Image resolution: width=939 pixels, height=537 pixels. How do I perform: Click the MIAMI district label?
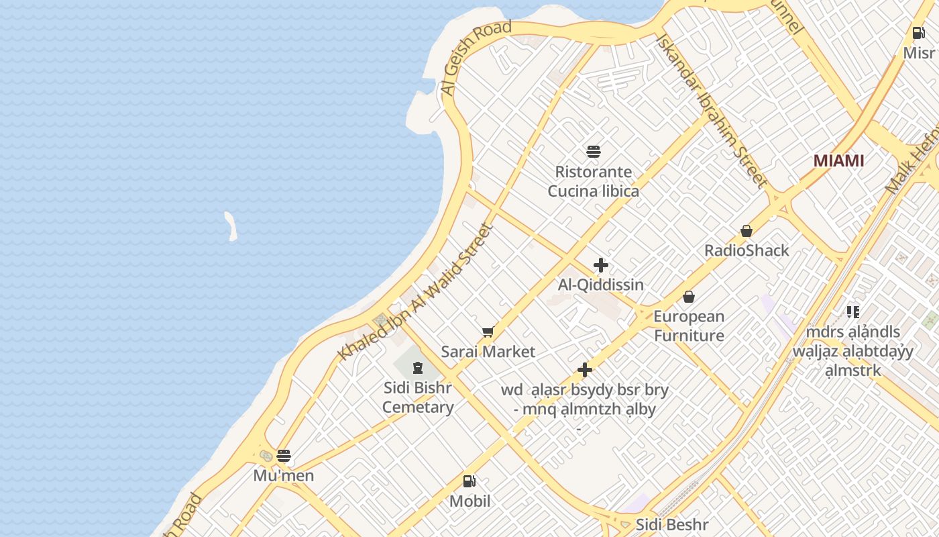pyautogui.click(x=838, y=161)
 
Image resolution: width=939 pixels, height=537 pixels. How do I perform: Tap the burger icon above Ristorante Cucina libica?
pyautogui.click(x=593, y=152)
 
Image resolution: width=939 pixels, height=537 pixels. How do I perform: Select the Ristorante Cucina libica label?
pyautogui.click(x=593, y=182)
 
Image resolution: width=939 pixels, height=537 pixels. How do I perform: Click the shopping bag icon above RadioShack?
pyautogui.click(x=747, y=231)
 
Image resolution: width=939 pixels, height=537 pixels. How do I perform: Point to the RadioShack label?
pyautogui.click(x=747, y=250)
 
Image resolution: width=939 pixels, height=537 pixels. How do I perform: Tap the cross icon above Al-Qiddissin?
pyautogui.click(x=601, y=265)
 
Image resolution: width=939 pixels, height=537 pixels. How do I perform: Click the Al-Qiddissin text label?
pyautogui.click(x=601, y=285)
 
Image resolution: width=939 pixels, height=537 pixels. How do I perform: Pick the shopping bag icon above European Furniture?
pyautogui.click(x=689, y=297)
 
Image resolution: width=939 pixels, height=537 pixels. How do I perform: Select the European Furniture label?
pyautogui.click(x=689, y=326)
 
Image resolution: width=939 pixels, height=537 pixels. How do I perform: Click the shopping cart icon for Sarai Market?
pyautogui.click(x=488, y=332)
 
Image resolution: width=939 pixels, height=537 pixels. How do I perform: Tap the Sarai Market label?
pyautogui.click(x=488, y=352)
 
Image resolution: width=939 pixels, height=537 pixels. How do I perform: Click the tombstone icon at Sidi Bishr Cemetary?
pyautogui.click(x=418, y=367)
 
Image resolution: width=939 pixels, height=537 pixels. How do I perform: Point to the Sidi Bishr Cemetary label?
pyautogui.click(x=418, y=397)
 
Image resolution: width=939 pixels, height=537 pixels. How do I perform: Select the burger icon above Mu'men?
pyautogui.click(x=284, y=456)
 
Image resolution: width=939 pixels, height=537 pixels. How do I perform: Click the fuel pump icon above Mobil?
pyautogui.click(x=469, y=481)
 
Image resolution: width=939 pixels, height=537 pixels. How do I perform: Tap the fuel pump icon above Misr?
pyautogui.click(x=918, y=32)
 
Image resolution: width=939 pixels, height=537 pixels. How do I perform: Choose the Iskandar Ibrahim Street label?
pyautogui.click(x=710, y=111)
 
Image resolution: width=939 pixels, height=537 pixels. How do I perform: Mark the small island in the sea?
pyautogui.click(x=231, y=226)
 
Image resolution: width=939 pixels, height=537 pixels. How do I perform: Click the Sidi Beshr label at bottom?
pyautogui.click(x=671, y=524)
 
